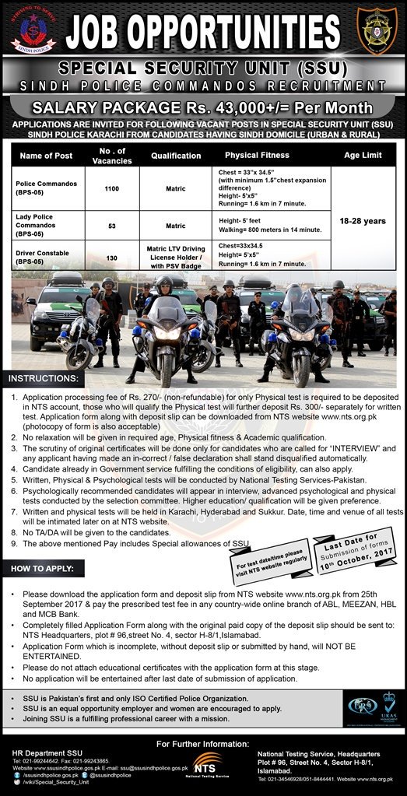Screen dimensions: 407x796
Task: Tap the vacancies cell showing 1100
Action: [112, 188]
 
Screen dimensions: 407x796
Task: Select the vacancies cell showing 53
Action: [112, 226]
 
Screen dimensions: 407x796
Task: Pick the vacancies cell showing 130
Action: [112, 258]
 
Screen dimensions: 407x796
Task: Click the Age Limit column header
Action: [360, 155]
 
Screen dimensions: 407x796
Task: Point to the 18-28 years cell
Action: [360, 220]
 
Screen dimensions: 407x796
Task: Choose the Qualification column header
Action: [175, 156]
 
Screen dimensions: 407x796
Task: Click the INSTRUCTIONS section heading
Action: [44, 379]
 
